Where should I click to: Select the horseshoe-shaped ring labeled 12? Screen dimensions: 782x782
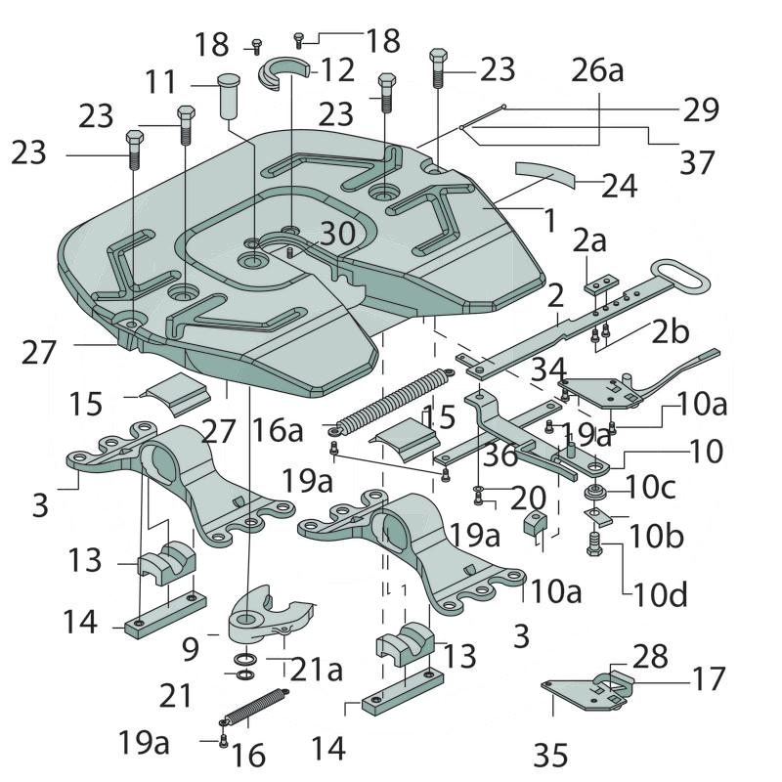click(283, 73)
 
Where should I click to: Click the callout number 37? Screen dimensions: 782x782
click(697, 161)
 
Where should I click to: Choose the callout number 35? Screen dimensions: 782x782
click(550, 754)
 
